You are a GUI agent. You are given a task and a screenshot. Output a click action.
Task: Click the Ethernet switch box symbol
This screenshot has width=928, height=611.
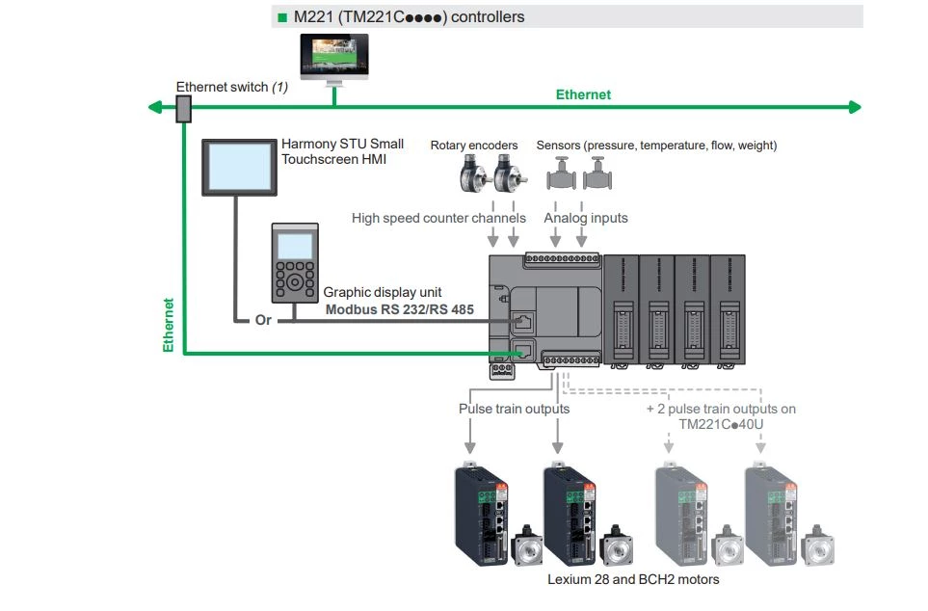183,109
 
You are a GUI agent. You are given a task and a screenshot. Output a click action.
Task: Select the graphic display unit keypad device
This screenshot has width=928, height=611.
294,263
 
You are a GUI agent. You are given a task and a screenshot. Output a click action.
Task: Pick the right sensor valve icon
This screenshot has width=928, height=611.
598,176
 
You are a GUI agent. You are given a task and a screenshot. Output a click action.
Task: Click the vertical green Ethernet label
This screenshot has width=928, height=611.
169,324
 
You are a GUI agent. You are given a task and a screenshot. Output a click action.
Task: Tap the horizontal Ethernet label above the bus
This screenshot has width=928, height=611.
583,94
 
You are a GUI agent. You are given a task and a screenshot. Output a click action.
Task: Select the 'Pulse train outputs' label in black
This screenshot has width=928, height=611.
514,409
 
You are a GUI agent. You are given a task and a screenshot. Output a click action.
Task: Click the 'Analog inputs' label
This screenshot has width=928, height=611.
586,218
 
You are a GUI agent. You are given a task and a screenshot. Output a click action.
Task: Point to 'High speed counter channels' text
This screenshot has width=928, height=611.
438,218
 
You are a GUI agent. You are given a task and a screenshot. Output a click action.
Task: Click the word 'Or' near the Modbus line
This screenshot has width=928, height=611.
263,320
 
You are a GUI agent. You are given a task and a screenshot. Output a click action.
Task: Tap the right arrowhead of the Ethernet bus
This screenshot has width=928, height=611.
855,107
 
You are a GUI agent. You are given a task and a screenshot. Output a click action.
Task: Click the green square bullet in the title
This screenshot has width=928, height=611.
282,17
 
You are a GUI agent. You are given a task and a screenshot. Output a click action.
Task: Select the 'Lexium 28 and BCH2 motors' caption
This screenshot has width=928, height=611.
633,579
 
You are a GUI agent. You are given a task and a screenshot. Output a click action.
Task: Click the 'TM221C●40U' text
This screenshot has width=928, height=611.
720,423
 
